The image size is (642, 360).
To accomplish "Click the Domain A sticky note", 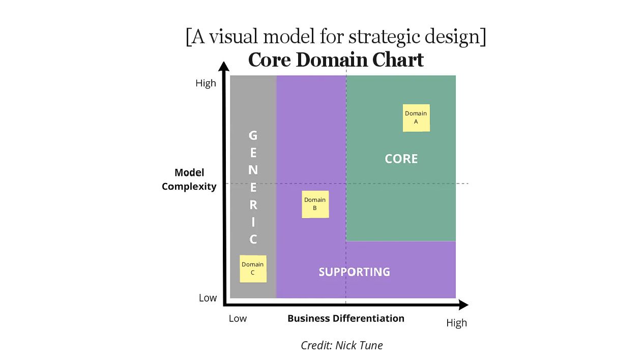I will [416, 117].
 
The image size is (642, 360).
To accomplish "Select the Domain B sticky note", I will [315, 204].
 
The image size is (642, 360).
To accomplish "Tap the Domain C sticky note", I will [253, 268].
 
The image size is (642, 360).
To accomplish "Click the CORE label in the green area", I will [401, 159].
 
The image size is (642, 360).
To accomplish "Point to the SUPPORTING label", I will [354, 272].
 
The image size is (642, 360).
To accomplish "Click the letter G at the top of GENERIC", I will [253, 136].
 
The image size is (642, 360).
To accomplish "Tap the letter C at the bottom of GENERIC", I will [253, 239].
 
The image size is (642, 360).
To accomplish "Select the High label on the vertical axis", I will [206, 83].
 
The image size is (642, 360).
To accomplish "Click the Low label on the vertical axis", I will [208, 298].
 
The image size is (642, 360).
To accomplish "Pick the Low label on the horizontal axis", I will [238, 318].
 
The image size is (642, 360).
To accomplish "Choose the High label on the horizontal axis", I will [456, 323].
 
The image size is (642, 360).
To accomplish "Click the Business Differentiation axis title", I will [346, 318].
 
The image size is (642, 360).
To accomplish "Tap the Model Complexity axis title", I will [189, 179].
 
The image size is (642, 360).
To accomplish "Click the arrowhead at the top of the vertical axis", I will [224, 66].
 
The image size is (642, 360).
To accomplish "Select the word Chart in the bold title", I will [398, 60].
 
